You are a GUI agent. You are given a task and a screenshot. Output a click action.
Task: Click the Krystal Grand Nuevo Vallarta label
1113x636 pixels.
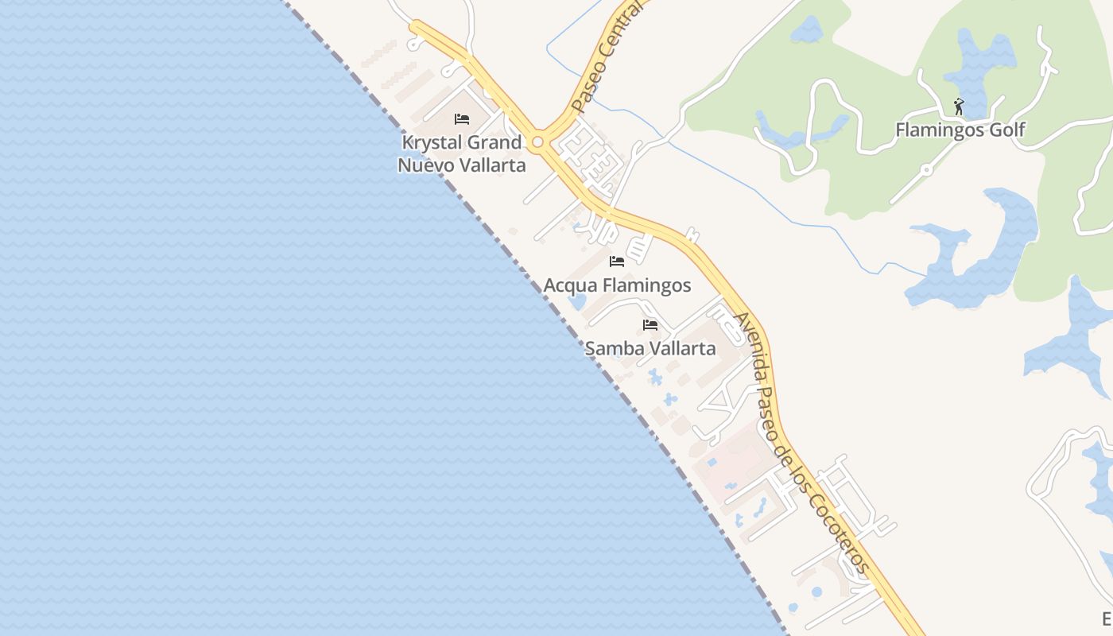coord(462,153)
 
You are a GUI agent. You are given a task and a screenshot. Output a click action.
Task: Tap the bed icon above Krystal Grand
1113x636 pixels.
coord(462,119)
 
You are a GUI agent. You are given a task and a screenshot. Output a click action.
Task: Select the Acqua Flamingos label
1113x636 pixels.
coord(617,285)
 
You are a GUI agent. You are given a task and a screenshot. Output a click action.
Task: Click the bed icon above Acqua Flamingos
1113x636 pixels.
coord(617,262)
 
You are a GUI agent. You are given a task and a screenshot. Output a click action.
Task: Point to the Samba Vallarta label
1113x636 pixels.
coord(650,348)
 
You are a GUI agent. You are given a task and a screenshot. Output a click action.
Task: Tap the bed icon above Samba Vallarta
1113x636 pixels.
coord(650,325)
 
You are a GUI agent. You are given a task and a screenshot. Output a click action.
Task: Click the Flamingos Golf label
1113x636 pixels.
coord(960,130)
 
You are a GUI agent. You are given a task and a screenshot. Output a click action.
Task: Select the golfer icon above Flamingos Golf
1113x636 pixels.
coord(959,107)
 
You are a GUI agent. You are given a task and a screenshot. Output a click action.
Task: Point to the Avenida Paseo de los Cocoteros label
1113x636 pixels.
coord(801,442)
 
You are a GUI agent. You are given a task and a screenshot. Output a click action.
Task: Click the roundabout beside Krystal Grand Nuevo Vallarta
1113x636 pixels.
coord(538,143)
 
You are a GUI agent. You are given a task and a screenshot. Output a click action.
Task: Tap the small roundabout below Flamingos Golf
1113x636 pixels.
coord(925,170)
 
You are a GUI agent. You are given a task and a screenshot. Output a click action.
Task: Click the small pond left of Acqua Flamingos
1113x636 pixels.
coord(577,302)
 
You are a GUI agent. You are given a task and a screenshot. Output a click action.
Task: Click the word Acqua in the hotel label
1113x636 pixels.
coord(570,285)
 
